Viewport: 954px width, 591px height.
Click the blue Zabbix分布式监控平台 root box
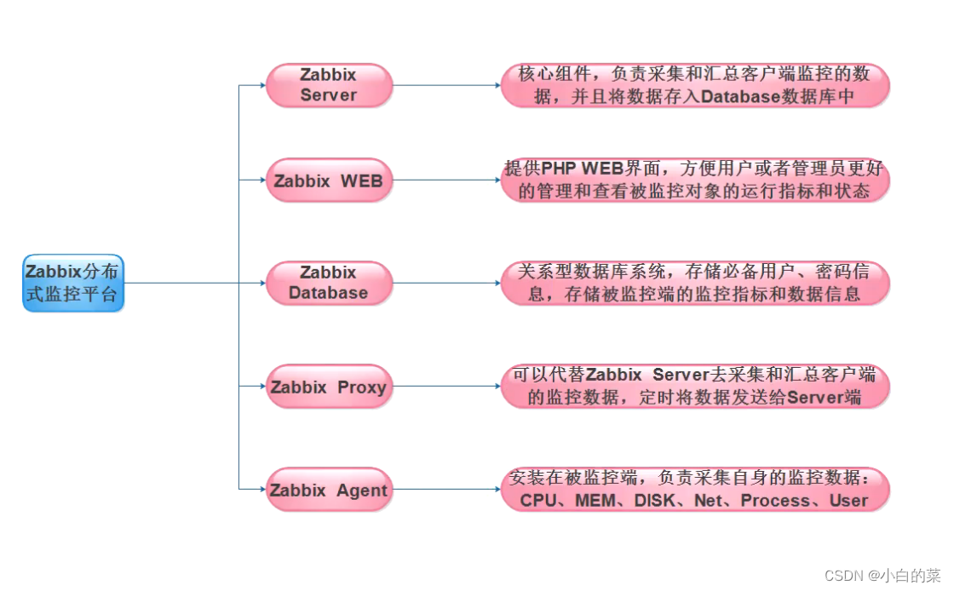[x=73, y=283]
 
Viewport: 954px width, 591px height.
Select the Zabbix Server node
[x=329, y=85]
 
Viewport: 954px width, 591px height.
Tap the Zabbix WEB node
[x=329, y=181]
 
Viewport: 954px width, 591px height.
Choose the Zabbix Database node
[x=329, y=283]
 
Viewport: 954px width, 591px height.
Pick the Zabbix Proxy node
[x=329, y=387]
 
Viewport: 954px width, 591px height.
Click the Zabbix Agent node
[x=329, y=490]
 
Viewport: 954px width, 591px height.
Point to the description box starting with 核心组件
[x=694, y=85]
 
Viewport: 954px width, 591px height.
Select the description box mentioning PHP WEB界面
[x=694, y=181]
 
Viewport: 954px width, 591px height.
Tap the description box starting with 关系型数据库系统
[x=694, y=283]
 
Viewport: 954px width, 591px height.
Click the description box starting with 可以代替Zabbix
[x=694, y=386]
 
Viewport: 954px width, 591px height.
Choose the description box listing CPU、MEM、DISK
[x=694, y=490]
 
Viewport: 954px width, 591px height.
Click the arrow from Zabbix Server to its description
[x=445, y=85]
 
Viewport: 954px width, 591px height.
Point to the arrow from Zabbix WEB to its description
[x=445, y=181]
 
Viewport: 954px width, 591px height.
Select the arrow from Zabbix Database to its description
[x=445, y=283]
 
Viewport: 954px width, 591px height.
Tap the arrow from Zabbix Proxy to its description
[x=445, y=386]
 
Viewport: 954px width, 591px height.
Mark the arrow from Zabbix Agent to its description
[x=445, y=490]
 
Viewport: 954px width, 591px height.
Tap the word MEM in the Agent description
[x=595, y=501]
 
